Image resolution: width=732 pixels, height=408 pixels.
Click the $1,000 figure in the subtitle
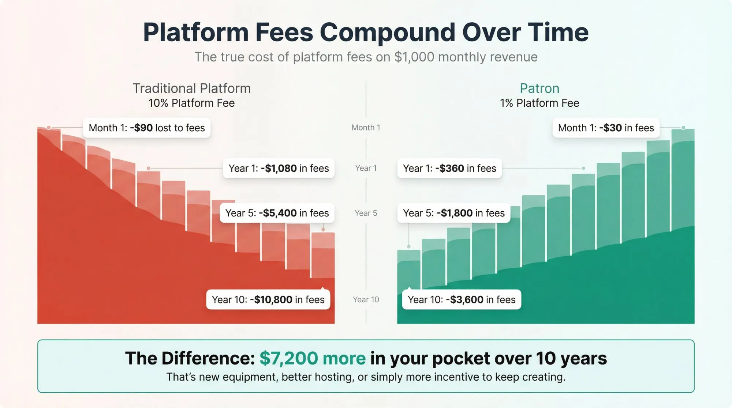pyautogui.click(x=414, y=57)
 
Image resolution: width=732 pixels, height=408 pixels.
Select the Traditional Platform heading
pyautogui.click(x=191, y=88)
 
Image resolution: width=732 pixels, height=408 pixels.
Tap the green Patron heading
pyautogui.click(x=539, y=88)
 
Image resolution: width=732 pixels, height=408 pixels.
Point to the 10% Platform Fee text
pyautogui.click(x=191, y=103)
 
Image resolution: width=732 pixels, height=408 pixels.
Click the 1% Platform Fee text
pyautogui.click(x=539, y=103)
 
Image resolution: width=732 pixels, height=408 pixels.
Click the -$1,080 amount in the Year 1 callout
pyautogui.click(x=279, y=169)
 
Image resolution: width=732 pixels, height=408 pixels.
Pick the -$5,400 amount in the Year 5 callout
pyautogui.click(x=278, y=213)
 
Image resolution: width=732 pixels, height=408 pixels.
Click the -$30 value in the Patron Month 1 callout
pyautogui.click(x=610, y=128)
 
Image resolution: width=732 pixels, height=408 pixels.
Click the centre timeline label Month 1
pyautogui.click(x=366, y=128)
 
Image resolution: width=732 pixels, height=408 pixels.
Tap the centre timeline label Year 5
pyautogui.click(x=366, y=213)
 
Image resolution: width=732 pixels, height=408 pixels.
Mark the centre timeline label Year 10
pyautogui.click(x=366, y=300)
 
